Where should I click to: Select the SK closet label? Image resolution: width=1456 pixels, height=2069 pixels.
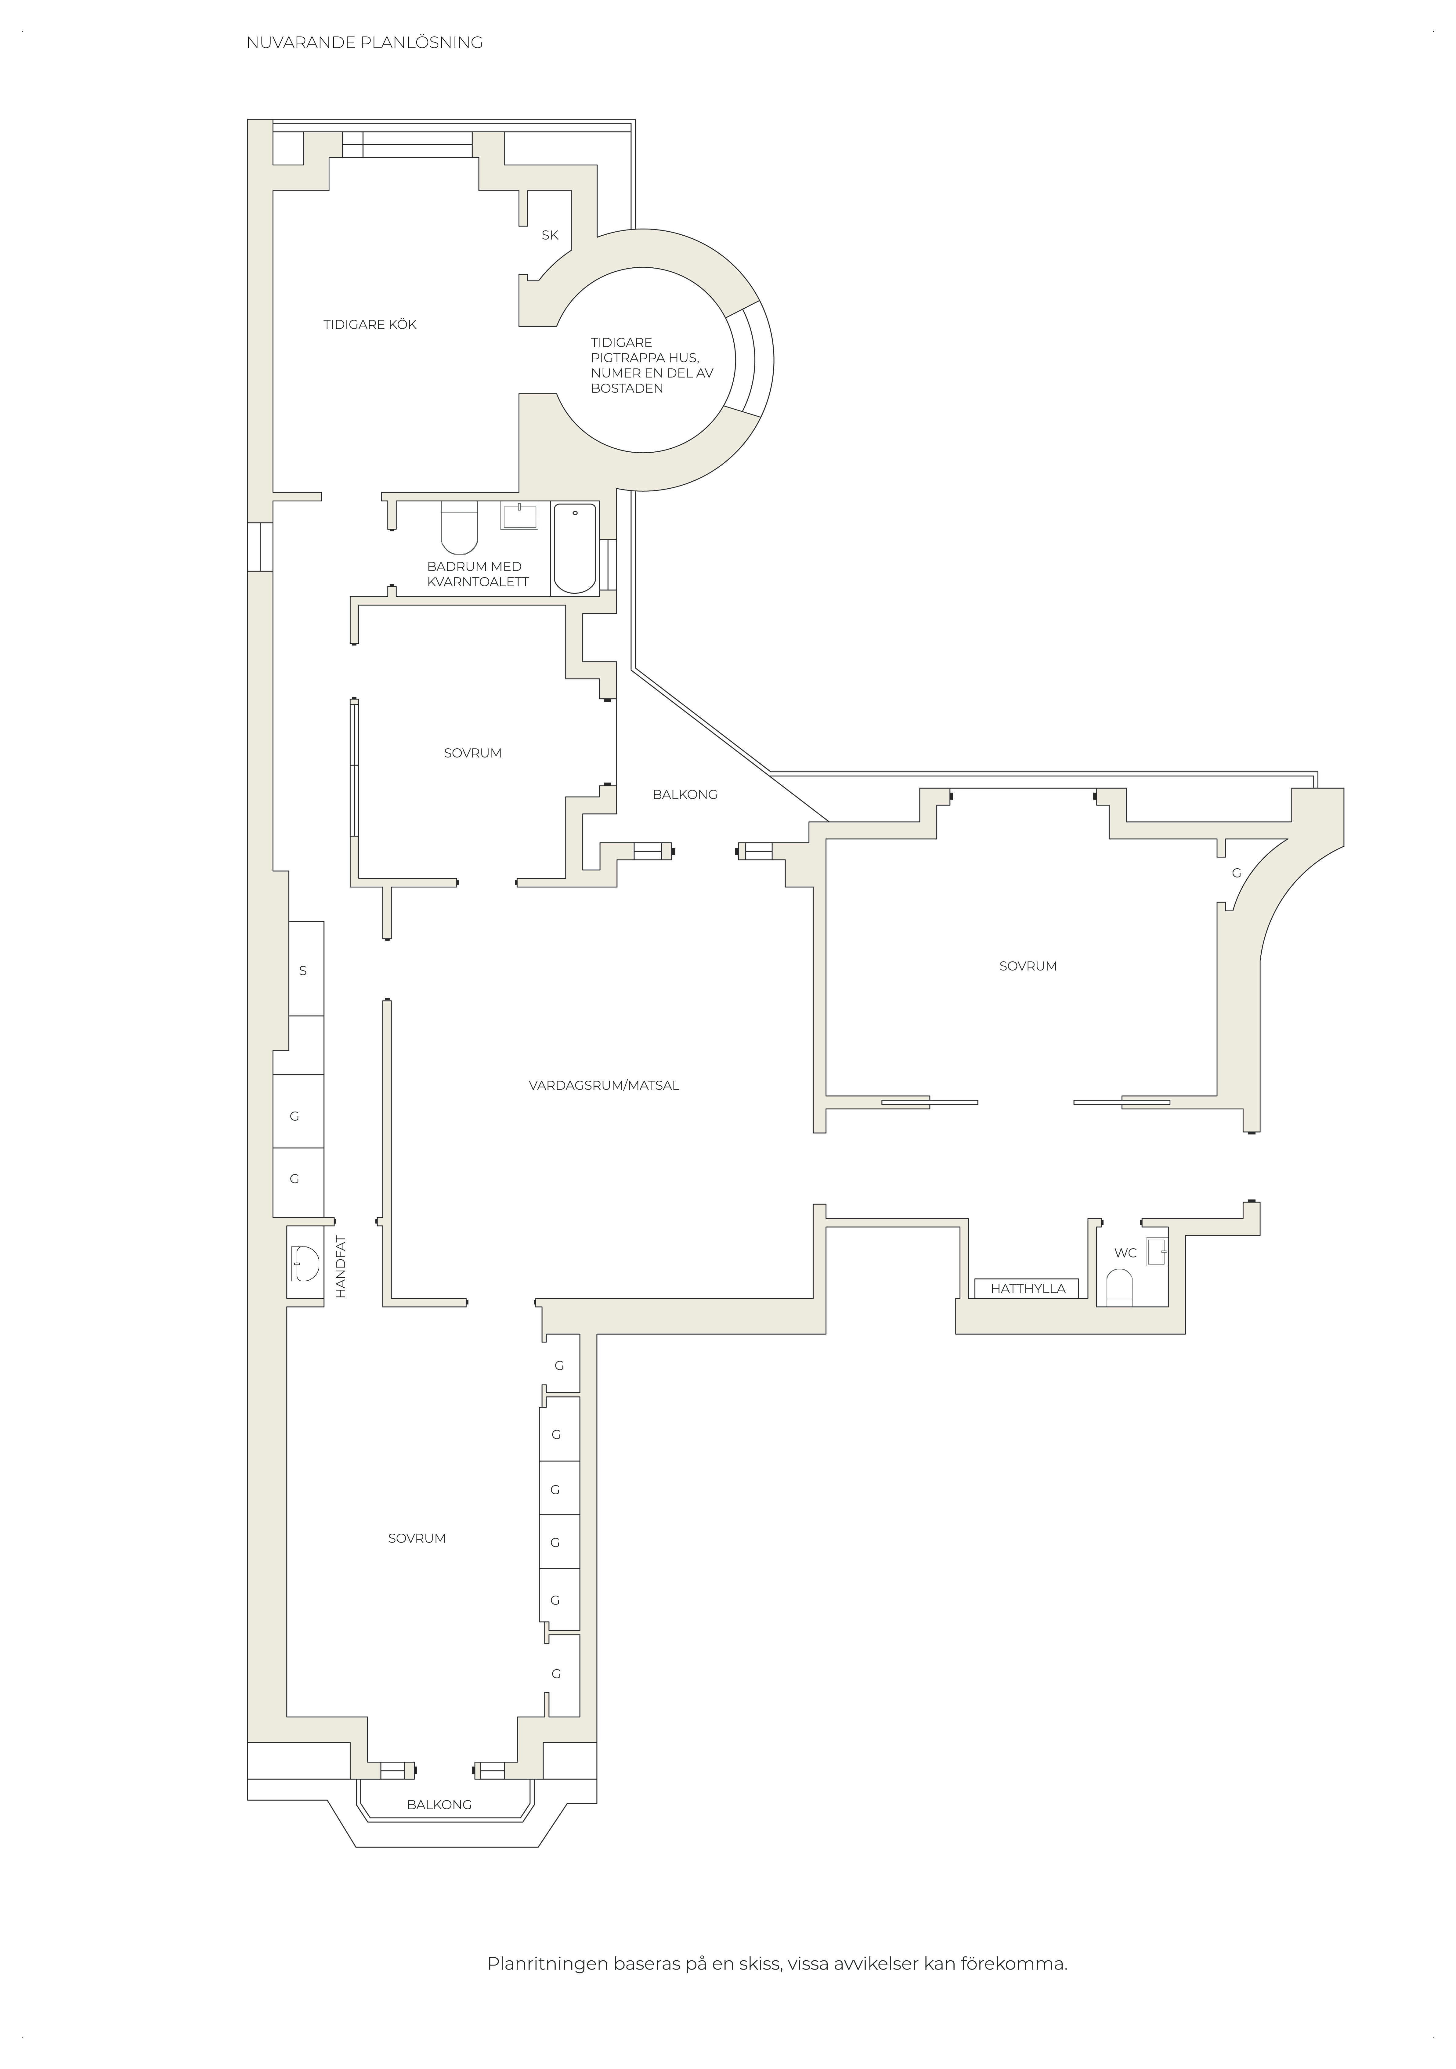pyautogui.click(x=550, y=235)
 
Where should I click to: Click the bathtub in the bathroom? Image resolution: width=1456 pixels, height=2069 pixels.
pyautogui.click(x=575, y=548)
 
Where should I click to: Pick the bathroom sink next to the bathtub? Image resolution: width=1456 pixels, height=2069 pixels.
pyautogui.click(x=520, y=516)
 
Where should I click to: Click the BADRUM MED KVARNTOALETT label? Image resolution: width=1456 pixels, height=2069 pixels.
pyautogui.click(x=478, y=574)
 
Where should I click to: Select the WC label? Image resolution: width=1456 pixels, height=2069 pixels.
pyautogui.click(x=1125, y=1253)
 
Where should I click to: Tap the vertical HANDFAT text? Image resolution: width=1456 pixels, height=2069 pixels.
pyautogui.click(x=341, y=1266)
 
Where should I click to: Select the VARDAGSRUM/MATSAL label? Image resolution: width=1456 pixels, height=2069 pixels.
pyautogui.click(x=604, y=1086)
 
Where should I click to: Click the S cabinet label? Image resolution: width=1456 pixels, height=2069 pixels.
pyautogui.click(x=303, y=971)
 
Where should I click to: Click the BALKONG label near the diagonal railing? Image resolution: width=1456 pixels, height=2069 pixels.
pyautogui.click(x=685, y=794)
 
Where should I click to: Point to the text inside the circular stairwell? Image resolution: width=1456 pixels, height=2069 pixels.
pyautogui.click(x=652, y=365)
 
